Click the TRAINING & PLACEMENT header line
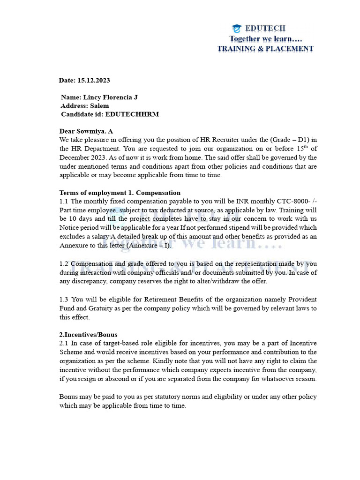(x=265, y=49)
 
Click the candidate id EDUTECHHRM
(x=132, y=114)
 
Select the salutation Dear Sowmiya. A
(x=86, y=131)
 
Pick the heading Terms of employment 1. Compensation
(x=120, y=193)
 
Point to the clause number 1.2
(x=64, y=263)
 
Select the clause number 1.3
(x=64, y=299)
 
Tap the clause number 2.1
(x=64, y=343)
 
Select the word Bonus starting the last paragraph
(x=69, y=397)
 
